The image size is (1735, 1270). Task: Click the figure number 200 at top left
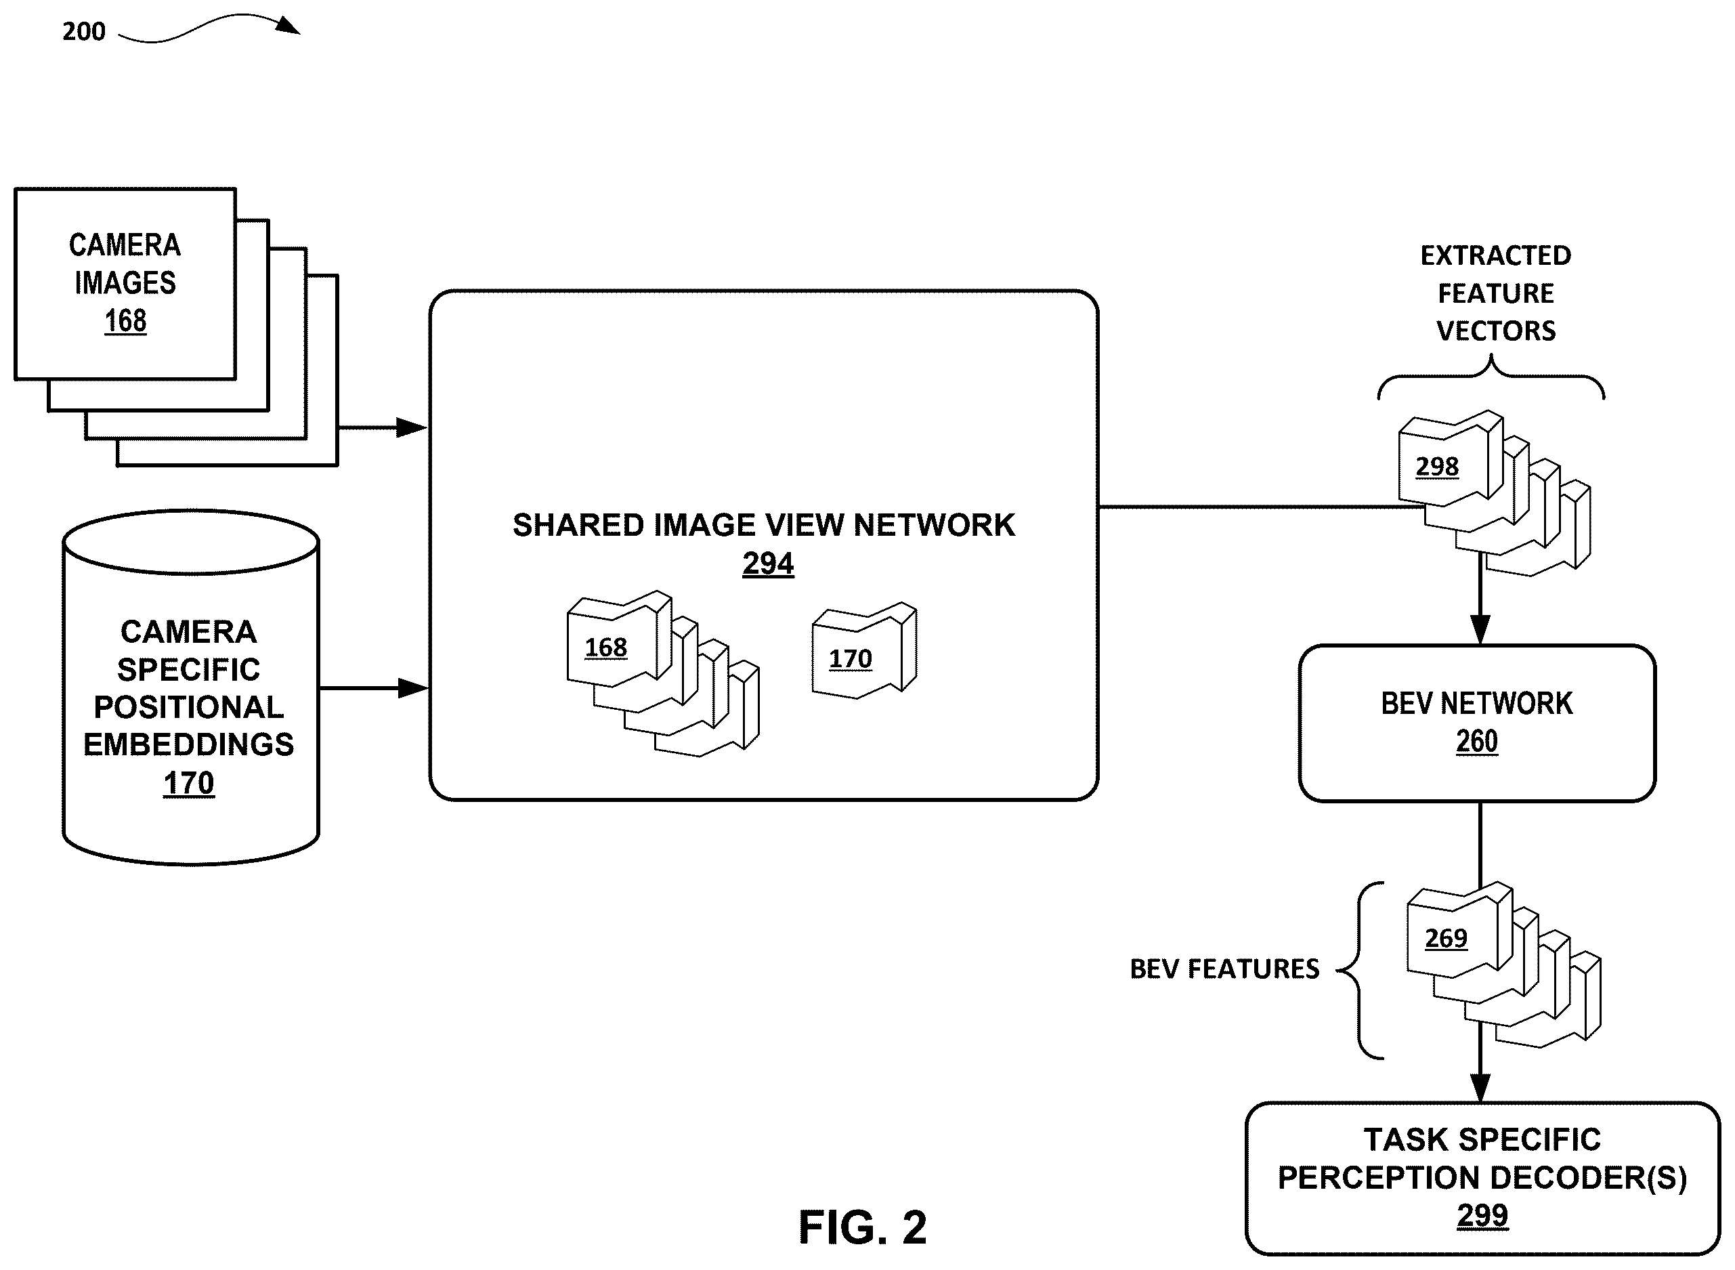tap(84, 32)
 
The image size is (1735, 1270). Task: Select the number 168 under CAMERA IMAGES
tap(125, 320)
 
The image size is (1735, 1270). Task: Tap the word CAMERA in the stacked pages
tap(125, 245)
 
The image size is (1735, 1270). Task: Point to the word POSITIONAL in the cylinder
tap(189, 706)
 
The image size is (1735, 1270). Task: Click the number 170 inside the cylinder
tap(189, 784)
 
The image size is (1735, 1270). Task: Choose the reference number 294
tap(768, 564)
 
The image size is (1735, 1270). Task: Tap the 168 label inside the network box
tap(605, 648)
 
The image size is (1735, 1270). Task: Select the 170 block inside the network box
tap(864, 650)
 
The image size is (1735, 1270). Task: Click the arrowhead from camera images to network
tap(411, 427)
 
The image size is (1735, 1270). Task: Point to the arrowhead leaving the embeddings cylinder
tap(413, 688)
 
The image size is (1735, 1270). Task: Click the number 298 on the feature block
tap(1437, 467)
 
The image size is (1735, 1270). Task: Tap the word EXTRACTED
tap(1496, 255)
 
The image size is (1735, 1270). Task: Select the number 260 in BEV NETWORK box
tap(1477, 741)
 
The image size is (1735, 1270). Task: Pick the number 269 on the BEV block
tap(1446, 938)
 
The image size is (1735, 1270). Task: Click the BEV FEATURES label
tap(1224, 969)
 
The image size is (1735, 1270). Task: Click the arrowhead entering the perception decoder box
tap(1480, 1087)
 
